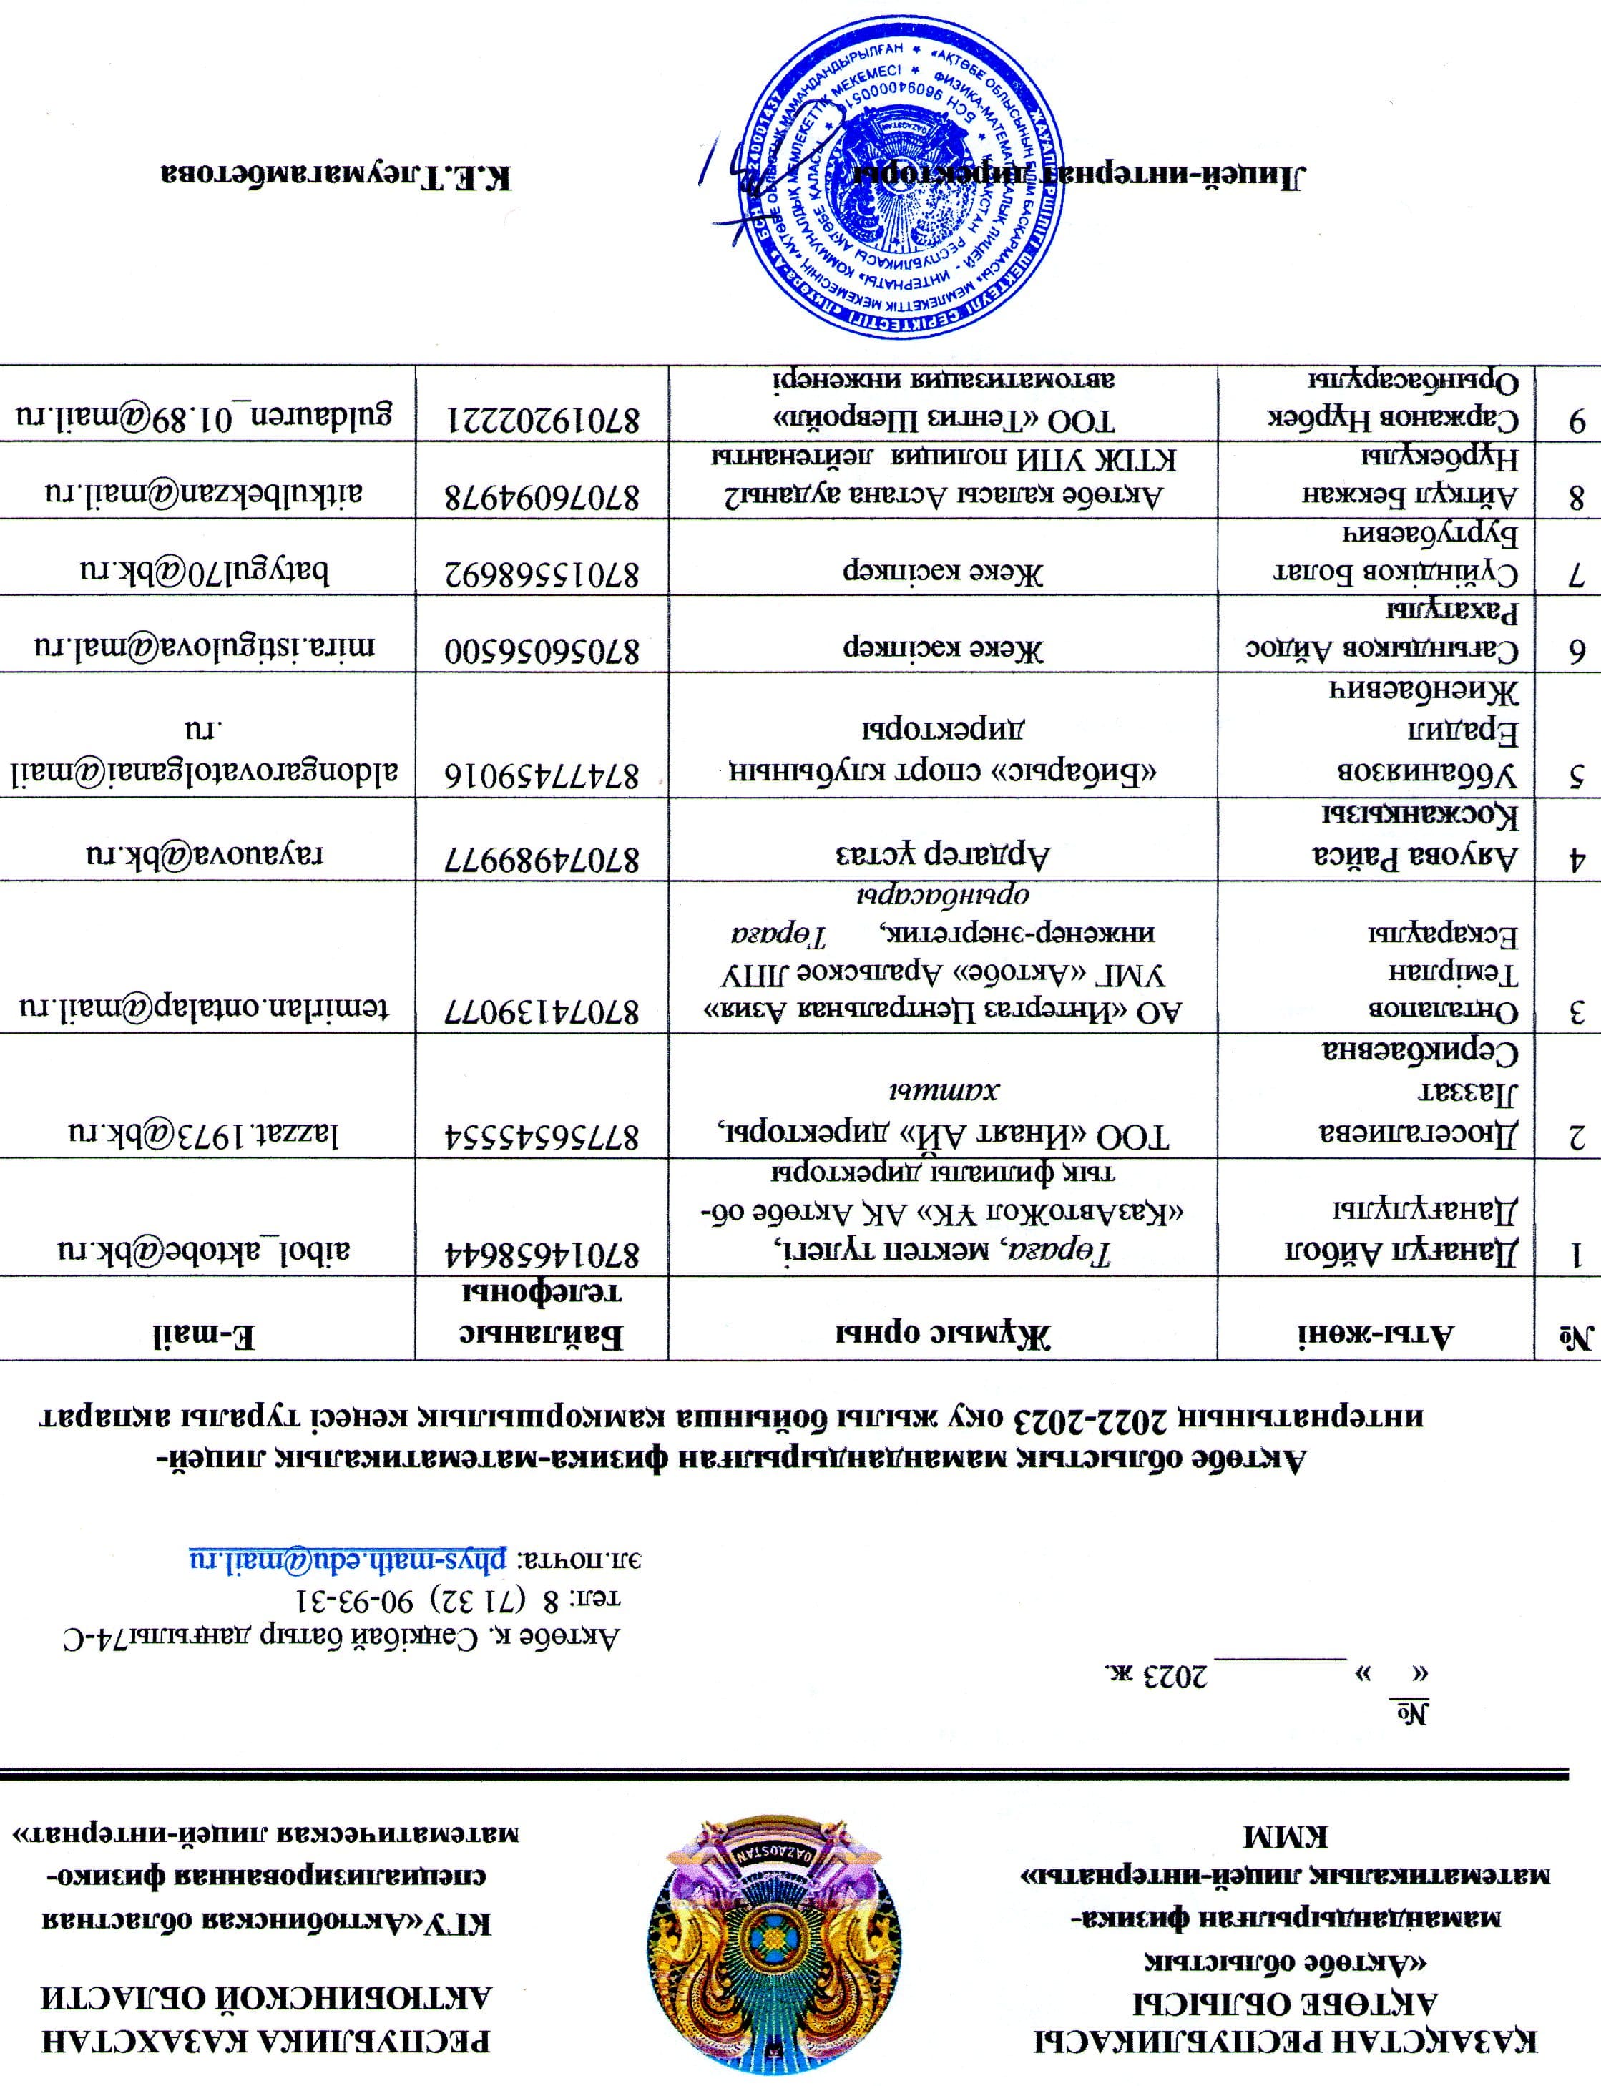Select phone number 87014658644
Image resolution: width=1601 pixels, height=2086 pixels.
point(542,1249)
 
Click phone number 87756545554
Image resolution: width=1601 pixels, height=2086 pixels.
point(542,1134)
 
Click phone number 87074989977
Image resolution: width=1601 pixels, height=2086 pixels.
point(542,855)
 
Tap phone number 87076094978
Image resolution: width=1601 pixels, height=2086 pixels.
point(542,494)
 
